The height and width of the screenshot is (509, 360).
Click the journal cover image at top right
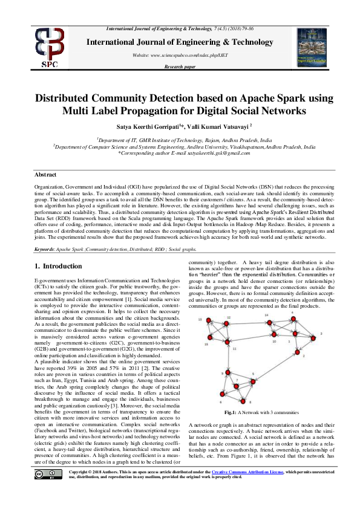pyautogui.click(x=312, y=46)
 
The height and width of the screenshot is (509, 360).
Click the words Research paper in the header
pyautogui.click(x=180, y=66)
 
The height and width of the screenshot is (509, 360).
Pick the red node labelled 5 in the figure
pyautogui.click(x=252, y=381)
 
